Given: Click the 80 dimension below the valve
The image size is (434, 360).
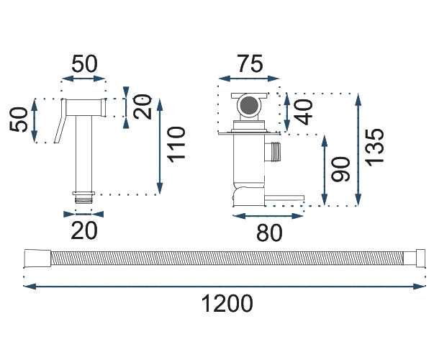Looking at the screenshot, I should pyautogui.click(x=268, y=232).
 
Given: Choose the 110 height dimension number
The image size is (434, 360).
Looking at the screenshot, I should pyautogui.click(x=176, y=145).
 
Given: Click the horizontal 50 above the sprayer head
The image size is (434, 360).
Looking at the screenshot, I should pyautogui.click(x=84, y=63).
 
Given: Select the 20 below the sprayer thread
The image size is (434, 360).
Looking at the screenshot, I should pyautogui.click(x=83, y=230).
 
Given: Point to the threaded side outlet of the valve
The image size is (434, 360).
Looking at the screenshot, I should pyautogui.click(x=274, y=153).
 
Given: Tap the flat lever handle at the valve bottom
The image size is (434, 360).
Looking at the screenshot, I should pyautogui.click(x=284, y=196).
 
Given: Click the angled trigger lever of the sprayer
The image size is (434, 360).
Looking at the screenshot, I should pyautogui.click(x=60, y=128).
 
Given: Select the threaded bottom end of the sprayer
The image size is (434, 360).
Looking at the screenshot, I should pyautogui.click(x=84, y=194).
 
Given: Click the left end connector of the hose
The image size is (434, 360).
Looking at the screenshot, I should pyautogui.click(x=34, y=257).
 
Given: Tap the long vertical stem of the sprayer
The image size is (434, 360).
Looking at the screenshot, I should pyautogui.click(x=84, y=155).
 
